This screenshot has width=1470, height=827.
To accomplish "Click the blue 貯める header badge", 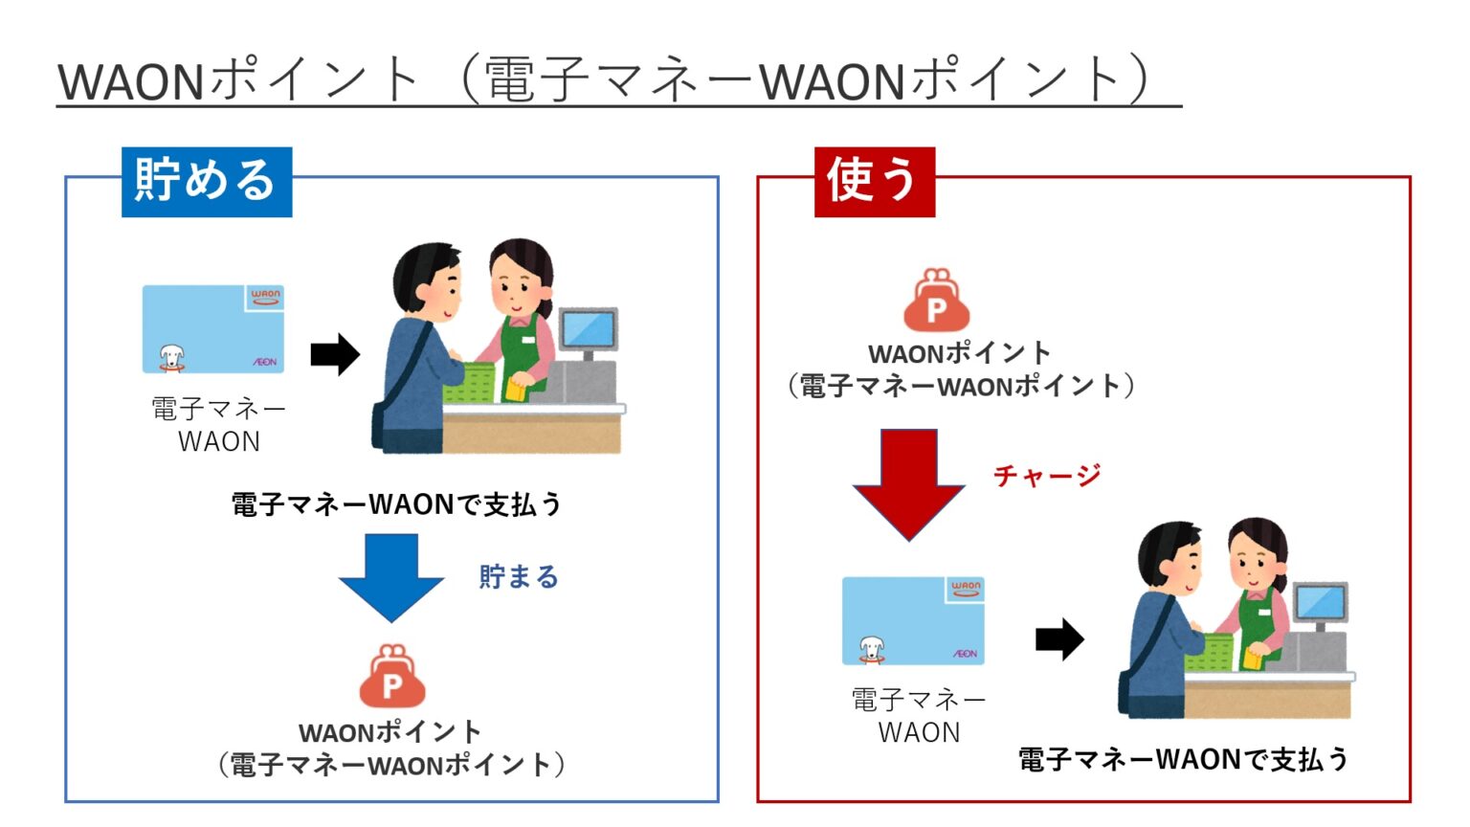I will pos(206,182).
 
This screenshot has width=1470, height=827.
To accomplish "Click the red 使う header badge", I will pos(873,182).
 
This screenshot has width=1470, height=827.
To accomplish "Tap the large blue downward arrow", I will pos(390,576).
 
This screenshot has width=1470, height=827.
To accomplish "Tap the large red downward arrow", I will pos(908,484).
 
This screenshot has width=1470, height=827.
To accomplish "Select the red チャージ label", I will pos(1046,476).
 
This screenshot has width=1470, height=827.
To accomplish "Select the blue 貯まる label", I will pos(518,577).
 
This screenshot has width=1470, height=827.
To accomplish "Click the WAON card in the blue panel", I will pos(213,328).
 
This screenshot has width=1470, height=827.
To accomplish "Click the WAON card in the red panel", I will pos(912,620).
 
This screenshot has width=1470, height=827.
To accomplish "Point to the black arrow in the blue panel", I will pos(335,355).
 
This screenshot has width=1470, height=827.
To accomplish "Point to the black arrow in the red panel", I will pos(1059,638).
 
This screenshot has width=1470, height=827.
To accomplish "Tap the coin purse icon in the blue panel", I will pos(391,677).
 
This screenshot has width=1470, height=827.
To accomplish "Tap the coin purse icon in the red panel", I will pos(936,301).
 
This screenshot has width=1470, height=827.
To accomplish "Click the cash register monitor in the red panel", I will pos(1320,603).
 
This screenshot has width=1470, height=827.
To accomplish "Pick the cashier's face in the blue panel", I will pos(516,283).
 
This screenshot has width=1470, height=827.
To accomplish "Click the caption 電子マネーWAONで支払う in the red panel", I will pos(1183,759).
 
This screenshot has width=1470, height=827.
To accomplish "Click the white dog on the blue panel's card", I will pos(171,357).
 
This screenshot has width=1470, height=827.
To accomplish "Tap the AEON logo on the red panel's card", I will pos(965,654).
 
